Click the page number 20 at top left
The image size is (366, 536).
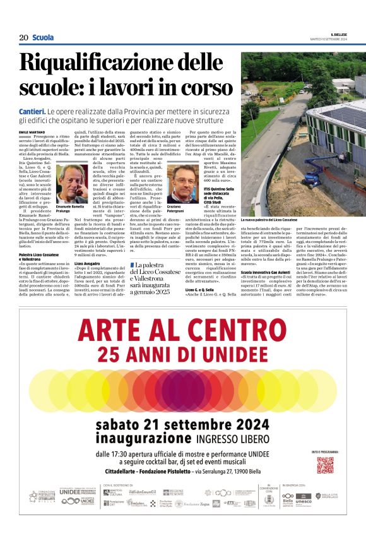click(23, 38)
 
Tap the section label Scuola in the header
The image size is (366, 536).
click(43, 38)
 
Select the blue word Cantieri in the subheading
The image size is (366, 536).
click(32, 110)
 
